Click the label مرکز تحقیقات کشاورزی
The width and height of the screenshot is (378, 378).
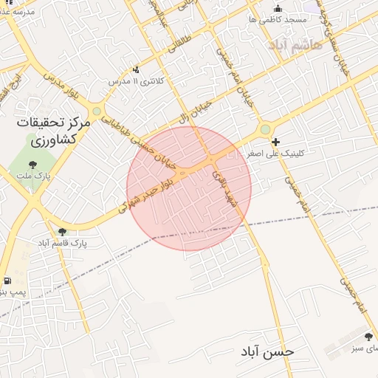tap(54, 130)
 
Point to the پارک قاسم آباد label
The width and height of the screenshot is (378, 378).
tap(61, 242)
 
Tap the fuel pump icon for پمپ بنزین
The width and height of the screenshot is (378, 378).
tap(7, 281)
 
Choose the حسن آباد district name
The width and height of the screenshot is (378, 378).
tap(267, 351)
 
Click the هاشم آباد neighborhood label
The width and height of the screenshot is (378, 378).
tap(297, 46)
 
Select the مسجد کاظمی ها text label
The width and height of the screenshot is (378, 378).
tap(278, 20)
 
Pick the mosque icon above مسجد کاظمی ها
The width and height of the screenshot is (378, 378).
tap(278, 9)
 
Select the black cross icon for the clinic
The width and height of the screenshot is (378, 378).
tap(275, 142)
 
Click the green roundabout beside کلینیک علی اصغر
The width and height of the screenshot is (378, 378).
tap(264, 130)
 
